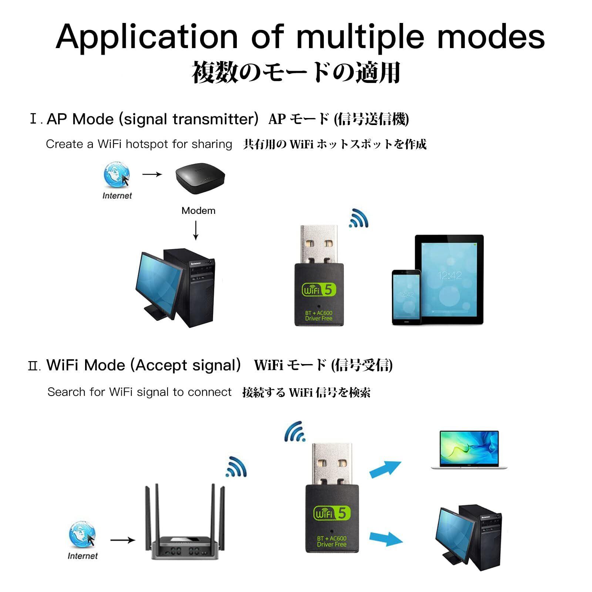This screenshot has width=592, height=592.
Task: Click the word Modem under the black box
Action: tap(198, 211)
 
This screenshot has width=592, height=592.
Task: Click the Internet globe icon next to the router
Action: tap(82, 535)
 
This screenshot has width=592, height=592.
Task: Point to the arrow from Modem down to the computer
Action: tap(196, 231)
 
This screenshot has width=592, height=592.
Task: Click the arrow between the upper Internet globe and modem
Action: tap(152, 174)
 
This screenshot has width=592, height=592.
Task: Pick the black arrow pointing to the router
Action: tap(123, 540)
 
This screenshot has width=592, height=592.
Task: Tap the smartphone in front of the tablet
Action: tap(407, 297)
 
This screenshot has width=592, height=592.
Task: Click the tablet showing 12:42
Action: tap(449, 280)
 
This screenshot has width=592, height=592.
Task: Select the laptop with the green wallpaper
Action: tap(469, 450)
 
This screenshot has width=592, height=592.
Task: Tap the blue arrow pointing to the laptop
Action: tap(386, 470)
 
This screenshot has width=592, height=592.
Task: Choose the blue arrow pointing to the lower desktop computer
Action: tap(386, 538)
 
